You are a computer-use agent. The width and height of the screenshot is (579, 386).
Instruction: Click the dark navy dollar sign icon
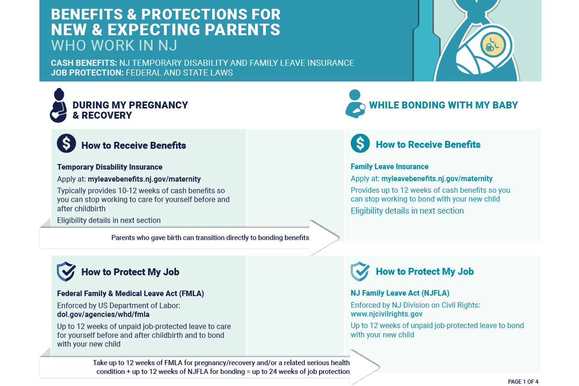[x=66, y=144]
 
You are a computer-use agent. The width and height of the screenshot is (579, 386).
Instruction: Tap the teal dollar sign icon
[x=360, y=144]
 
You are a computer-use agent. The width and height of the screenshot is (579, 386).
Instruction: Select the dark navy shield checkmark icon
[x=66, y=272]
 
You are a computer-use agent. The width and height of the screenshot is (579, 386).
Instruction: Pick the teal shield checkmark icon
[x=360, y=272]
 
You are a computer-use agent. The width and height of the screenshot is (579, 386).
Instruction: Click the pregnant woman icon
[x=58, y=106]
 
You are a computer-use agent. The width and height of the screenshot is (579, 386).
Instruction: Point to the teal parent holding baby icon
[x=355, y=105]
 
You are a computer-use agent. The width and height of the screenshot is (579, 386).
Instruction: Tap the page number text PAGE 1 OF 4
[x=523, y=382]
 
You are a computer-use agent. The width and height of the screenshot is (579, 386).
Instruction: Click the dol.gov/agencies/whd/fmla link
[x=103, y=314]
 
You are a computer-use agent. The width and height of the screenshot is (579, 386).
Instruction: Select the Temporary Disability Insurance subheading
[x=110, y=167]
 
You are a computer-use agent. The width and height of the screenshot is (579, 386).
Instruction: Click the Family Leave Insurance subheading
[x=390, y=166]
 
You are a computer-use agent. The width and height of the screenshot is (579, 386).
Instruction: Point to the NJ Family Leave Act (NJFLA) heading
[x=400, y=293]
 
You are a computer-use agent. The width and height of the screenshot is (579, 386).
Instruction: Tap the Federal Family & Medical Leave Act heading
[x=131, y=293]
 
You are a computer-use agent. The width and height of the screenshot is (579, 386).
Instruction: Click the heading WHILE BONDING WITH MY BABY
[x=443, y=105]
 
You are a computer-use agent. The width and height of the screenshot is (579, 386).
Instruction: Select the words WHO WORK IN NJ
[x=114, y=45]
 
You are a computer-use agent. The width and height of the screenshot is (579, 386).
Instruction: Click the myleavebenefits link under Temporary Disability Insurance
[x=144, y=179]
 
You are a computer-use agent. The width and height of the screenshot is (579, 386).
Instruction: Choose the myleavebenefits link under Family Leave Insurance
[x=437, y=178]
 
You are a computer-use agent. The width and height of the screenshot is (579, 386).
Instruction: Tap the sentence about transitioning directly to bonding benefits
[x=210, y=238]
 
